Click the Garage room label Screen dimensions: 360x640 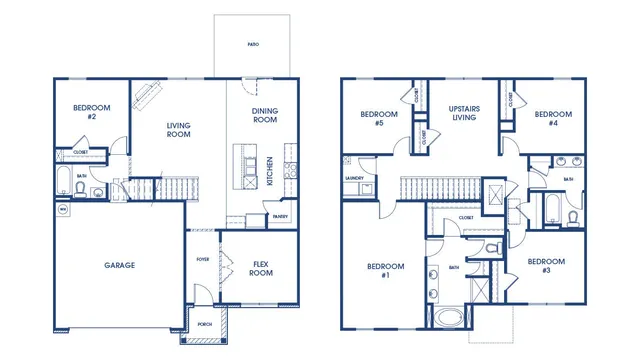(x=120, y=265)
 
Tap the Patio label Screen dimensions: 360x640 (x=253, y=45)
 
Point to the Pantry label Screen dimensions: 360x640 (x=281, y=215)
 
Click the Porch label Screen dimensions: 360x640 (x=204, y=323)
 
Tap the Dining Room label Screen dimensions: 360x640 (x=264, y=115)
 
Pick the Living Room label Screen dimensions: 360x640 (x=178, y=130)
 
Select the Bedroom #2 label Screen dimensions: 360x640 (x=91, y=112)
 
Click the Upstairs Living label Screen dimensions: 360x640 (x=465, y=112)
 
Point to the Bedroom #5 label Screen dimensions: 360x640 (x=379, y=118)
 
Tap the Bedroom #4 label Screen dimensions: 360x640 (x=552, y=115)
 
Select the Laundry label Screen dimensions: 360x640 (x=352, y=179)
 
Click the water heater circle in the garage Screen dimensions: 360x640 (x=62, y=210)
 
